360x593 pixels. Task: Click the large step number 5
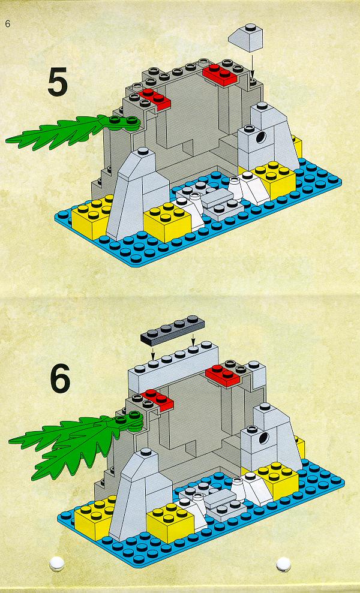click(58, 82)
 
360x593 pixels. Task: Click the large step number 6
click(60, 378)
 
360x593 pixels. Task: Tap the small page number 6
click(8, 24)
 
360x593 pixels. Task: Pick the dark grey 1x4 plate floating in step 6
click(173, 330)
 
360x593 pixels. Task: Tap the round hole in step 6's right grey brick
click(263, 439)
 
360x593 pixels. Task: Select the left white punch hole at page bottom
click(57, 563)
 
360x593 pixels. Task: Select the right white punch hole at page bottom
click(283, 564)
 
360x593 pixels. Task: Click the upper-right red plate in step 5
click(220, 74)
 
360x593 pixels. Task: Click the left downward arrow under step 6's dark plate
click(152, 354)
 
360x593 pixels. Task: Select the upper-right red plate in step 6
click(223, 375)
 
